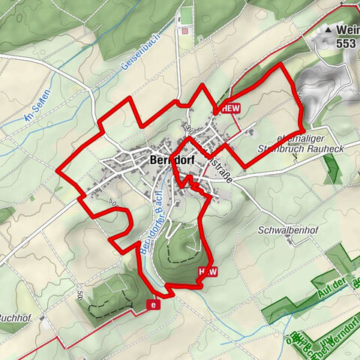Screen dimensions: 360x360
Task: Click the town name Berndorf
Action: pyautogui.click(x=172, y=160)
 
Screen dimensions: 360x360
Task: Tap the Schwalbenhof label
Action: pyautogui.click(x=283, y=229)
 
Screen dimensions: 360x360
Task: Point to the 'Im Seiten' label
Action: pyautogui.click(x=36, y=110)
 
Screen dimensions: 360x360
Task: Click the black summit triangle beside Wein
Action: pyautogui.click(x=328, y=30)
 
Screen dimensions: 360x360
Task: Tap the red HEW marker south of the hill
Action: pyautogui.click(x=208, y=272)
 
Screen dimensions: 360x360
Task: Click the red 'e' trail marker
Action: pyautogui.click(x=154, y=304)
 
